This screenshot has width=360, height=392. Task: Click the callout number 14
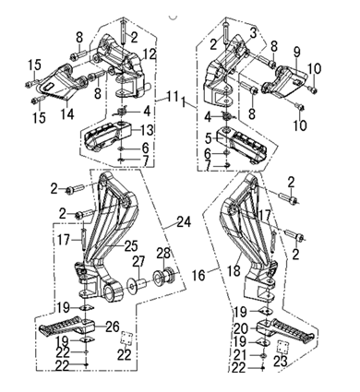point(67,113)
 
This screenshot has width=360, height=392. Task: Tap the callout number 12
point(149,53)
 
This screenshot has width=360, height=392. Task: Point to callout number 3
point(253,33)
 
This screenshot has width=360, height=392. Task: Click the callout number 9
point(296,53)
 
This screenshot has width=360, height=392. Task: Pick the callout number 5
point(209,138)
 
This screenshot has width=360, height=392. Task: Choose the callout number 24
point(184,221)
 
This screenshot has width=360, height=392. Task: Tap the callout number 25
point(131,245)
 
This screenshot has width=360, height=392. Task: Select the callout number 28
point(163,253)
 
